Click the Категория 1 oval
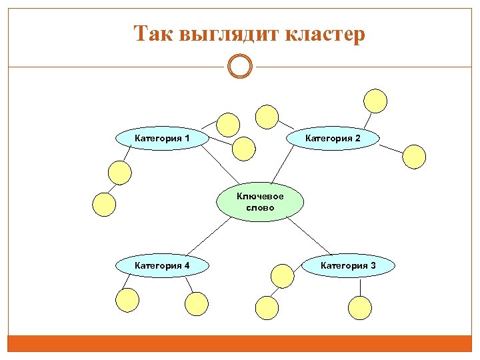point(162,139)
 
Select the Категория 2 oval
point(333,139)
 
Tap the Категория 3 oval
point(348,266)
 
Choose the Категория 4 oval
point(162,266)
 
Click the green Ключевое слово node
point(260,202)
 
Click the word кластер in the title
point(325,33)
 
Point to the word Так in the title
point(153,33)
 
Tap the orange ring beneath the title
point(240,67)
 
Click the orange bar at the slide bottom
point(240,343)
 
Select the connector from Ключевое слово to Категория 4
point(209,236)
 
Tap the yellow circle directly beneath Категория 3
point(360,307)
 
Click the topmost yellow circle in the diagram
point(375,100)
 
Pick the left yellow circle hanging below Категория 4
point(127,300)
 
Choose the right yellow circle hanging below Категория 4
point(197,304)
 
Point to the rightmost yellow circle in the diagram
point(414,156)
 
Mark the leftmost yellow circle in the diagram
point(103,204)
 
